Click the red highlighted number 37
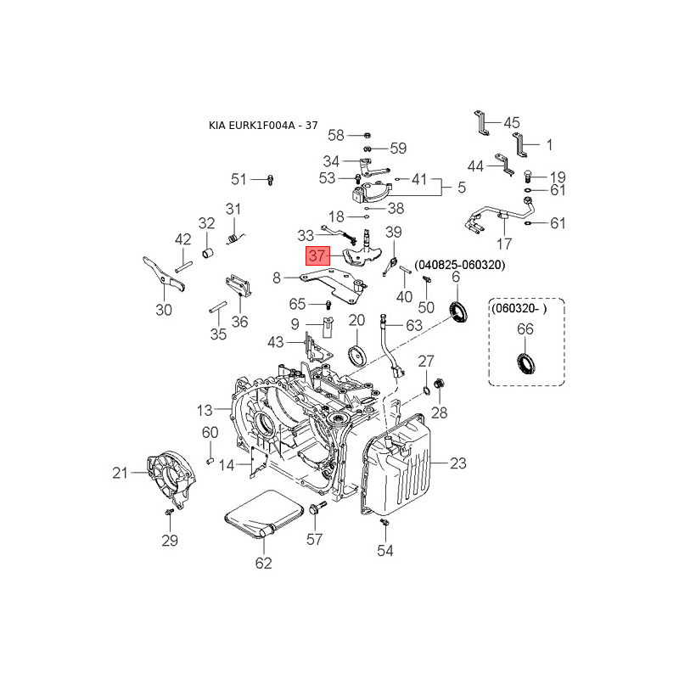317,255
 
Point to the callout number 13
205,410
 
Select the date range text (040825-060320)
460,265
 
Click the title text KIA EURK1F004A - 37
263,126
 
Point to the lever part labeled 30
164,273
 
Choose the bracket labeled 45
481,123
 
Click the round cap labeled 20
357,355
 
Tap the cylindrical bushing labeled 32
208,252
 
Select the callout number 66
525,329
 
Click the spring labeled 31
235,238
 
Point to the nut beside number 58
367,135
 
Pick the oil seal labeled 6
458,311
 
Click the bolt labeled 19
528,176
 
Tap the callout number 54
384,551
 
